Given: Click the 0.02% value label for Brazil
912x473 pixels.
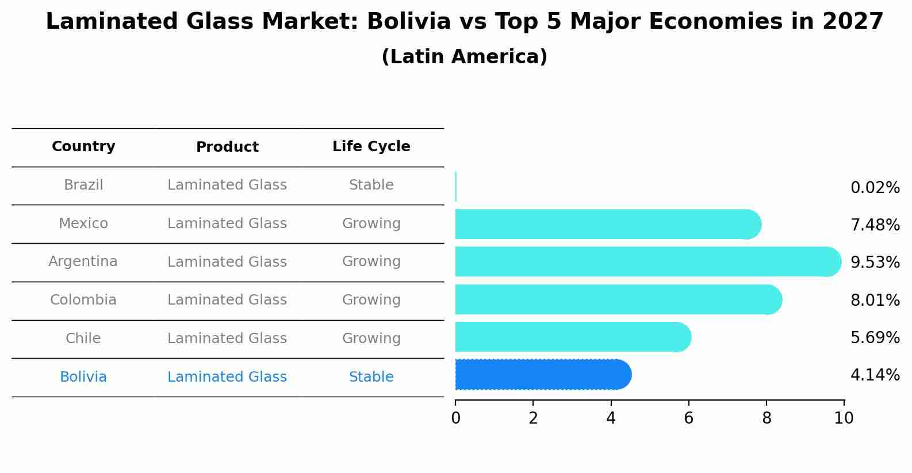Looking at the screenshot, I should click(x=875, y=188).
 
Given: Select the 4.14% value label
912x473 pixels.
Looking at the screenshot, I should click(x=875, y=375).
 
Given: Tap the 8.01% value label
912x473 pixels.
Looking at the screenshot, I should click(x=875, y=300).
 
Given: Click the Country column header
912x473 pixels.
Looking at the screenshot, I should click(x=83, y=147).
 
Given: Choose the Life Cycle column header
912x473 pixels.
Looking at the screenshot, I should click(x=371, y=147).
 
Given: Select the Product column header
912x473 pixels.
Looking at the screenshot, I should click(x=227, y=147).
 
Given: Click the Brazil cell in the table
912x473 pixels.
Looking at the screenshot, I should click(x=83, y=185).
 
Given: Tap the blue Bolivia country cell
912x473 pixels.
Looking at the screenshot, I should click(x=83, y=377).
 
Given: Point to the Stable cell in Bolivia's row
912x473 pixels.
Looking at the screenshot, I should click(x=371, y=377).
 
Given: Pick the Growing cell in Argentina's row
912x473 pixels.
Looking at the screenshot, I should click(x=371, y=262).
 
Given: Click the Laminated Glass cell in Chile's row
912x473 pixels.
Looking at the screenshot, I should click(x=227, y=339).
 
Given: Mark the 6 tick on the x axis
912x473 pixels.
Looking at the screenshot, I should click(x=688, y=418).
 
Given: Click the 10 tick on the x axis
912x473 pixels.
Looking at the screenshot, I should click(x=844, y=418).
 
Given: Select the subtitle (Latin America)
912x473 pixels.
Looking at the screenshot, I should click(x=464, y=57).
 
